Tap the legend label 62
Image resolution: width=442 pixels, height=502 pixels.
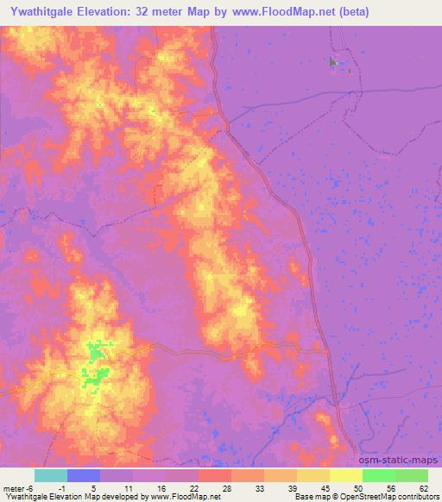point(422,488)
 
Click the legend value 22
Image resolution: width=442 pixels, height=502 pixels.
point(193,488)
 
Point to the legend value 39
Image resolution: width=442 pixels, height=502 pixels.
point(292,488)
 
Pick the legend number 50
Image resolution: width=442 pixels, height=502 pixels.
point(357,488)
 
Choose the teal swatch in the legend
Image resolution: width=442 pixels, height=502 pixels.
point(50,475)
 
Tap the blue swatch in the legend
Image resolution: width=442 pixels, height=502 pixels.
point(83,475)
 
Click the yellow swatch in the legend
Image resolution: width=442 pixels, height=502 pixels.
point(345,475)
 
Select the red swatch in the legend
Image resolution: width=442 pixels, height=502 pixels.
point(214,475)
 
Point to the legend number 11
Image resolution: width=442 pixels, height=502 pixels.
point(128,488)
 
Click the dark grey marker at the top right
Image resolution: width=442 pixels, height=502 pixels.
point(333,62)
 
